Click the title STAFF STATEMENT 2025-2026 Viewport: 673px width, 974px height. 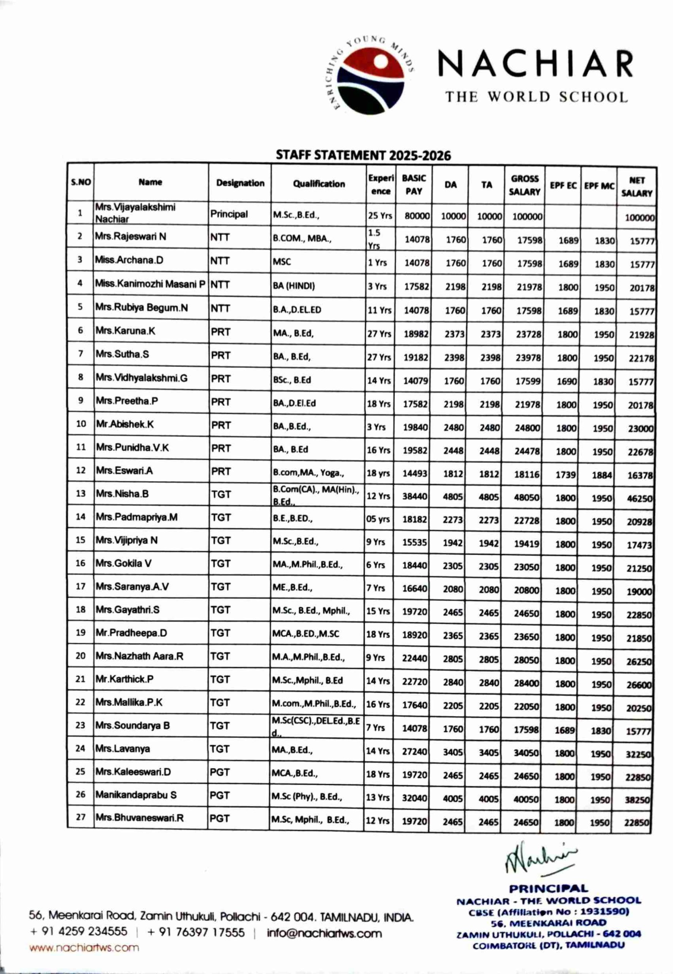click(363, 155)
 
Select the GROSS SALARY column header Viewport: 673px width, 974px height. click(524, 185)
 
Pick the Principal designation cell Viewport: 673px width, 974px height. click(229, 214)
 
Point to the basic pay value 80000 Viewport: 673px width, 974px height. click(417, 216)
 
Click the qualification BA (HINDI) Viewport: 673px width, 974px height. click(294, 286)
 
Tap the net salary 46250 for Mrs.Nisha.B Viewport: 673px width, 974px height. click(639, 498)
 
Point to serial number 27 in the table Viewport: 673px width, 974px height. click(81, 817)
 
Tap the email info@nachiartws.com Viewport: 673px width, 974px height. click(324, 934)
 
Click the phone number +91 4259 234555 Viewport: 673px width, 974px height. click(78, 931)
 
